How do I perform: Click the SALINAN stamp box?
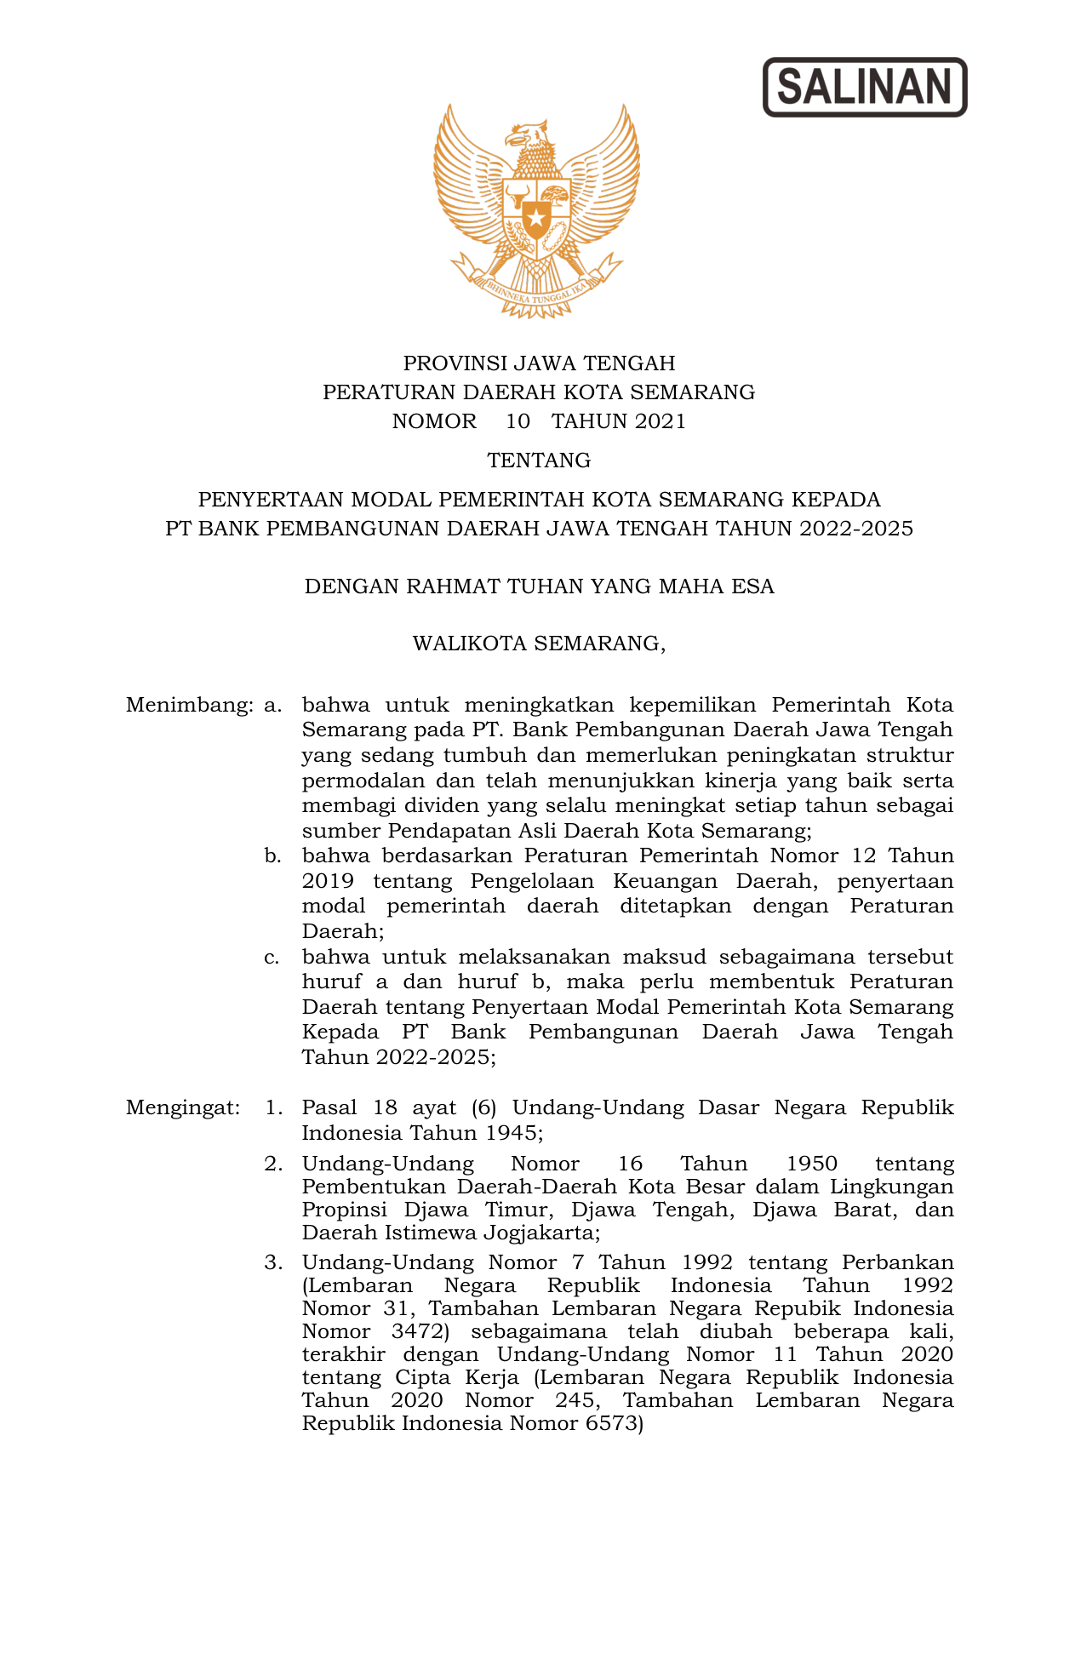click(x=864, y=87)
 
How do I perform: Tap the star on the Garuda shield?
click(x=536, y=220)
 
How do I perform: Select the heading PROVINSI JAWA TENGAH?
click(x=539, y=363)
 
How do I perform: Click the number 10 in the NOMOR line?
click(x=518, y=421)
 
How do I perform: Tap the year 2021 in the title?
click(x=660, y=421)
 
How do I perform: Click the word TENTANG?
click(x=539, y=461)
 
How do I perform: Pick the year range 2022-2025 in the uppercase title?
click(x=855, y=529)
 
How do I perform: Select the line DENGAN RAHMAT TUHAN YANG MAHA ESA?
click(x=539, y=586)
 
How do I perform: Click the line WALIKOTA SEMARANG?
click(x=539, y=644)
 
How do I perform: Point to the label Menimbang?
click(x=190, y=706)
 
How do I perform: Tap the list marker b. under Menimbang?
click(x=272, y=856)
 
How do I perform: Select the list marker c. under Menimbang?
click(x=272, y=957)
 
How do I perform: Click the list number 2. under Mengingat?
click(x=273, y=1164)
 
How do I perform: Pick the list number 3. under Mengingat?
click(x=273, y=1262)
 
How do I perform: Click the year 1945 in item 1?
click(x=513, y=1133)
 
